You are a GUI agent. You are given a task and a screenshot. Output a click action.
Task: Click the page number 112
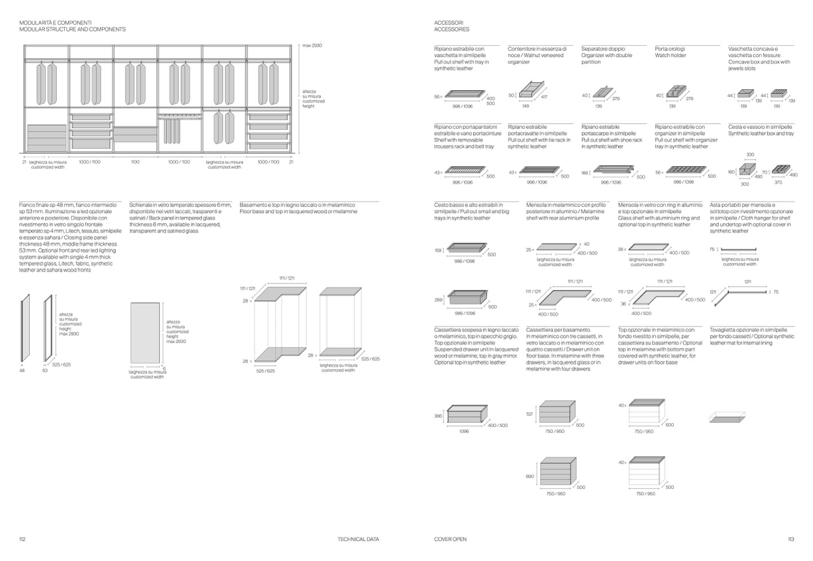pyautogui.click(x=22, y=539)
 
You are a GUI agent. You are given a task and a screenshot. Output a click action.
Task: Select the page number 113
pyautogui.click(x=791, y=539)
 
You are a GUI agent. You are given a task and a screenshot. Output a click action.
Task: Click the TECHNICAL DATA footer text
pyautogui.click(x=358, y=539)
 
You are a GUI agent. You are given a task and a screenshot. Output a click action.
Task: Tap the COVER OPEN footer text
pyautogui.click(x=450, y=539)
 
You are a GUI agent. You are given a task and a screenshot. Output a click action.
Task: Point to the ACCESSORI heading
pyautogui.click(x=448, y=22)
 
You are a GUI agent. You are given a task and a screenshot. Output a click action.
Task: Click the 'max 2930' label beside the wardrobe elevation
pyautogui.click(x=312, y=45)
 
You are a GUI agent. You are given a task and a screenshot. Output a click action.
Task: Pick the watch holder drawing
pyautogui.click(x=673, y=91)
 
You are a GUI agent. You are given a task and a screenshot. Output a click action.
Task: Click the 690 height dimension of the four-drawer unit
pyautogui.click(x=530, y=476)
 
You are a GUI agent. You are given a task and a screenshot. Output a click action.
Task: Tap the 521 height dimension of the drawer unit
pyautogui.click(x=530, y=413)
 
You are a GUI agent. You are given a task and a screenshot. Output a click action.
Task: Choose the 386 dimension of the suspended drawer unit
pyautogui.click(x=438, y=416)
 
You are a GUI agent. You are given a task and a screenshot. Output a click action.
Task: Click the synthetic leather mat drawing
pyautogui.click(x=728, y=416)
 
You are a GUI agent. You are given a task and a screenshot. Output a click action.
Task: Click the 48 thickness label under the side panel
pyautogui.click(x=22, y=371)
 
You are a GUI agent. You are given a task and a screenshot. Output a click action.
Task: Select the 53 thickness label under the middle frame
pyautogui.click(x=45, y=371)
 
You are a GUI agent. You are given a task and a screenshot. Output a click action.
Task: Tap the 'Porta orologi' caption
pyautogui.click(x=670, y=49)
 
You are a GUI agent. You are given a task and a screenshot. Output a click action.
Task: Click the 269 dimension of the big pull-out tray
pyautogui.click(x=439, y=300)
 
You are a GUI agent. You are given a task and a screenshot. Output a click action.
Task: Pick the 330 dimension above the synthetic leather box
pyautogui.click(x=750, y=155)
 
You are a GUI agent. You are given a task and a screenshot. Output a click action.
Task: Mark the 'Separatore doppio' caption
pyautogui.click(x=603, y=49)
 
